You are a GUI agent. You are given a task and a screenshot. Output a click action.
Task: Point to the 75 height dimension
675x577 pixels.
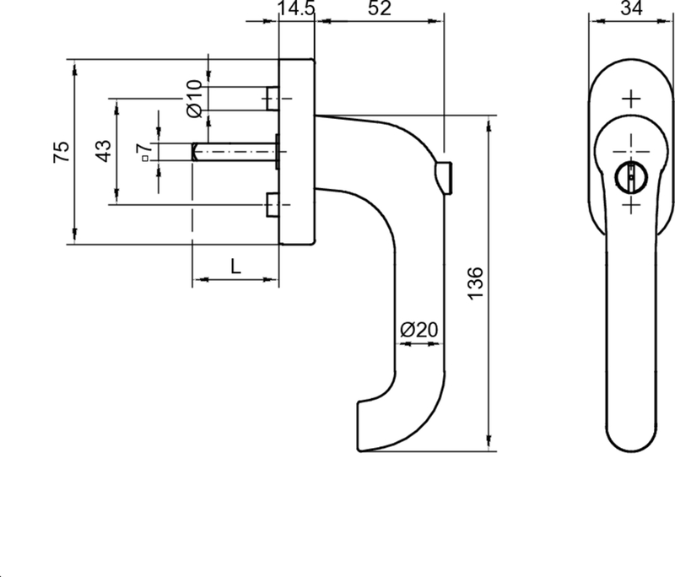tap(61, 153)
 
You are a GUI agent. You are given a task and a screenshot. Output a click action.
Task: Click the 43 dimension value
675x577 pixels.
tap(102, 151)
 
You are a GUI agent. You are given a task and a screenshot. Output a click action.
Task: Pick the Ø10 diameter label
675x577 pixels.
tap(193, 98)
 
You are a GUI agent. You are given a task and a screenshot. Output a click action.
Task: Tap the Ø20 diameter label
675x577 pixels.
tap(418, 330)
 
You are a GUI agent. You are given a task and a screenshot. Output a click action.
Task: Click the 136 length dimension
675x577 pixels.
tap(474, 284)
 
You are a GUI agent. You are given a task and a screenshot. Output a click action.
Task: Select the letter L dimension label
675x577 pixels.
tap(236, 267)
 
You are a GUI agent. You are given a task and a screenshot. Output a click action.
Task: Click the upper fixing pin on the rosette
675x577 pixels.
tap(272, 98)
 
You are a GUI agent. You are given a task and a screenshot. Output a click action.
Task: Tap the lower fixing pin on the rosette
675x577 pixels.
tap(272, 205)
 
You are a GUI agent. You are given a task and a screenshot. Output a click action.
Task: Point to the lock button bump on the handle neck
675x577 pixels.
tap(445, 174)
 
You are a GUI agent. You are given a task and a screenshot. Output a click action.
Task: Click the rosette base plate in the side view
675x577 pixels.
tap(296, 152)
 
